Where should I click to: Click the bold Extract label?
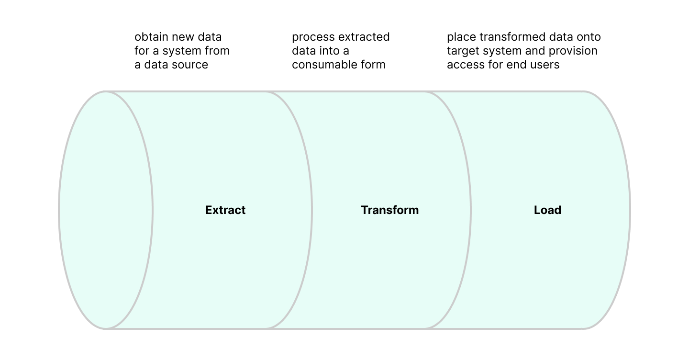(x=225, y=210)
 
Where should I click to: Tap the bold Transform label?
(x=389, y=210)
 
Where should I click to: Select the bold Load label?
(x=547, y=210)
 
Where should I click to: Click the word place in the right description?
(x=462, y=37)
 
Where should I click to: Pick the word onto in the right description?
(x=589, y=37)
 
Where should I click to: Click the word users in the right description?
(x=545, y=65)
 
